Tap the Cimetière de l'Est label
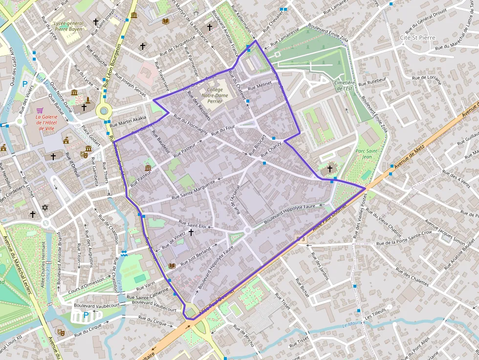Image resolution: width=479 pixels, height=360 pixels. [x=344, y=85]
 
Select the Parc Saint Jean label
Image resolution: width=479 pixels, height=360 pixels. [x=367, y=154]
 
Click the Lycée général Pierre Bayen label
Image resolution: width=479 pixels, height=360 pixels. [x=68, y=26]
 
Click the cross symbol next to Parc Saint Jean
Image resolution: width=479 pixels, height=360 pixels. [x=330, y=169]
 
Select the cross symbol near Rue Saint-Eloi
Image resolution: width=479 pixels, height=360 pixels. [x=191, y=233]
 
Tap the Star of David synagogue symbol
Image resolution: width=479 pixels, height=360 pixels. [x=45, y=208]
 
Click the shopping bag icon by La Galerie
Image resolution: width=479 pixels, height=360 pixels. [x=40, y=110]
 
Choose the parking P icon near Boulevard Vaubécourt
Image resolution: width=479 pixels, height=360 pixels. [x=86, y=315]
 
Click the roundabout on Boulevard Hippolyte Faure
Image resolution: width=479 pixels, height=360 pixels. [x=247, y=230]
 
